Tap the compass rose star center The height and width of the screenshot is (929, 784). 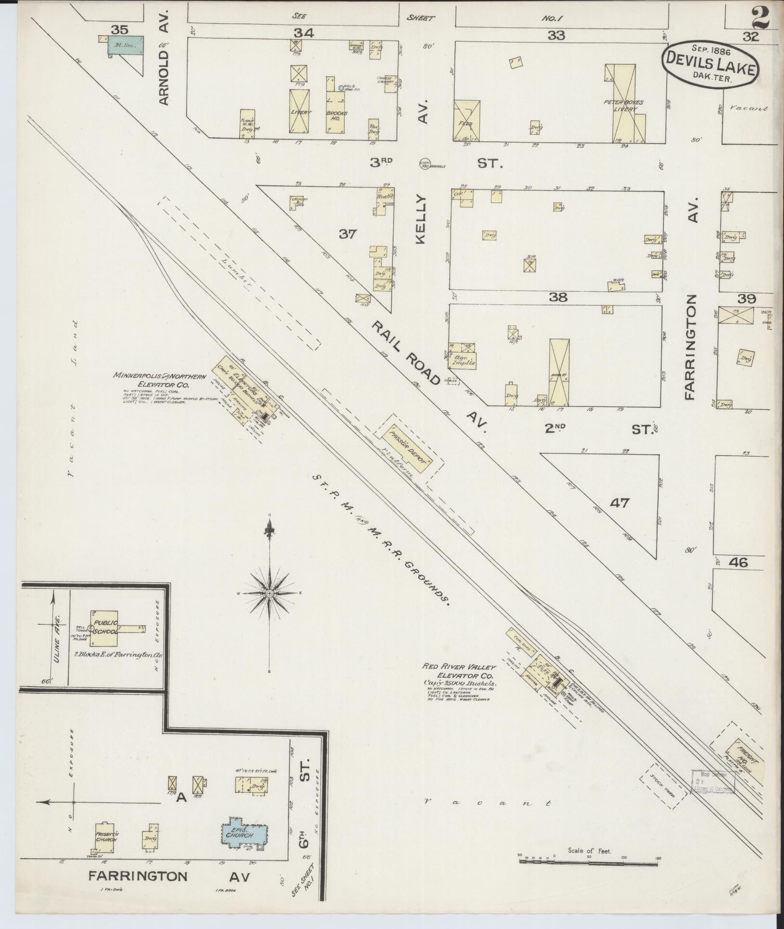[270, 592]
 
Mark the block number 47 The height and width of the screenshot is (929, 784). [619, 503]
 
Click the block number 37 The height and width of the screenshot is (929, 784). [348, 234]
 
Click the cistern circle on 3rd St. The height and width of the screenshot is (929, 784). [425, 164]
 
